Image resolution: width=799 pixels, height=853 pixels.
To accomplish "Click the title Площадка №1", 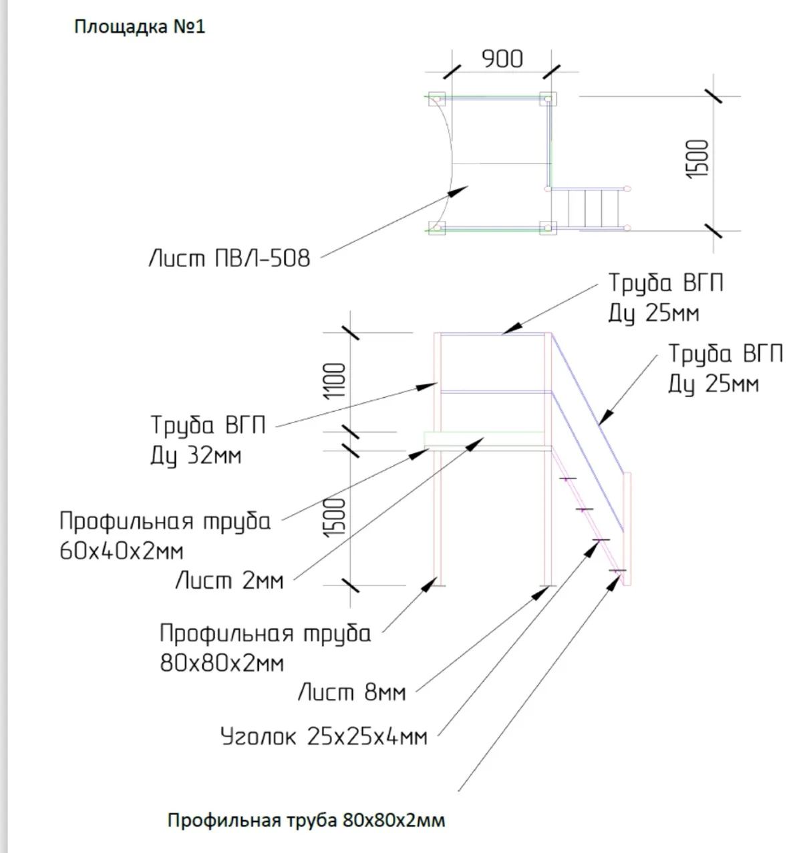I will (x=139, y=27).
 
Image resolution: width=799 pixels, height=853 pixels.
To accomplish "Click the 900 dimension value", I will (x=502, y=59).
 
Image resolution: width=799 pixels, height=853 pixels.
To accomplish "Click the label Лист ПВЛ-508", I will (x=229, y=258).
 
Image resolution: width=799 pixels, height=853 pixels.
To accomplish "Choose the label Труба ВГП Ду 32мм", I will (x=208, y=440).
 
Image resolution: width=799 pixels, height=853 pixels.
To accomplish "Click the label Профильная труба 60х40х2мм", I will (x=165, y=536).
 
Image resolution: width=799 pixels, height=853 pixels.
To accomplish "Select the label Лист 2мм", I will (x=229, y=581).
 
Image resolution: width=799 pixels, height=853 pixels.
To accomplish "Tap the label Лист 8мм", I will (x=351, y=692).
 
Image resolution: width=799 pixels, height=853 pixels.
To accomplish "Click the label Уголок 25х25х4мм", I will (x=323, y=736).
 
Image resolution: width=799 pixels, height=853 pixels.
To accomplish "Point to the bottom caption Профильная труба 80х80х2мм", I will (x=306, y=820).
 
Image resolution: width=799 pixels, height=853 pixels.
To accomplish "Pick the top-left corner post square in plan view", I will (x=437, y=98).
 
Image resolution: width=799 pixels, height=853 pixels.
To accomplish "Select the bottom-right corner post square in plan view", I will (x=548, y=228).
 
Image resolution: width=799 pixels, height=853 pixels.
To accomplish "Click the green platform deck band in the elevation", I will (x=483, y=439).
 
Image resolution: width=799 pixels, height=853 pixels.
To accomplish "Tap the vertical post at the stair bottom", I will (x=627, y=527).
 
